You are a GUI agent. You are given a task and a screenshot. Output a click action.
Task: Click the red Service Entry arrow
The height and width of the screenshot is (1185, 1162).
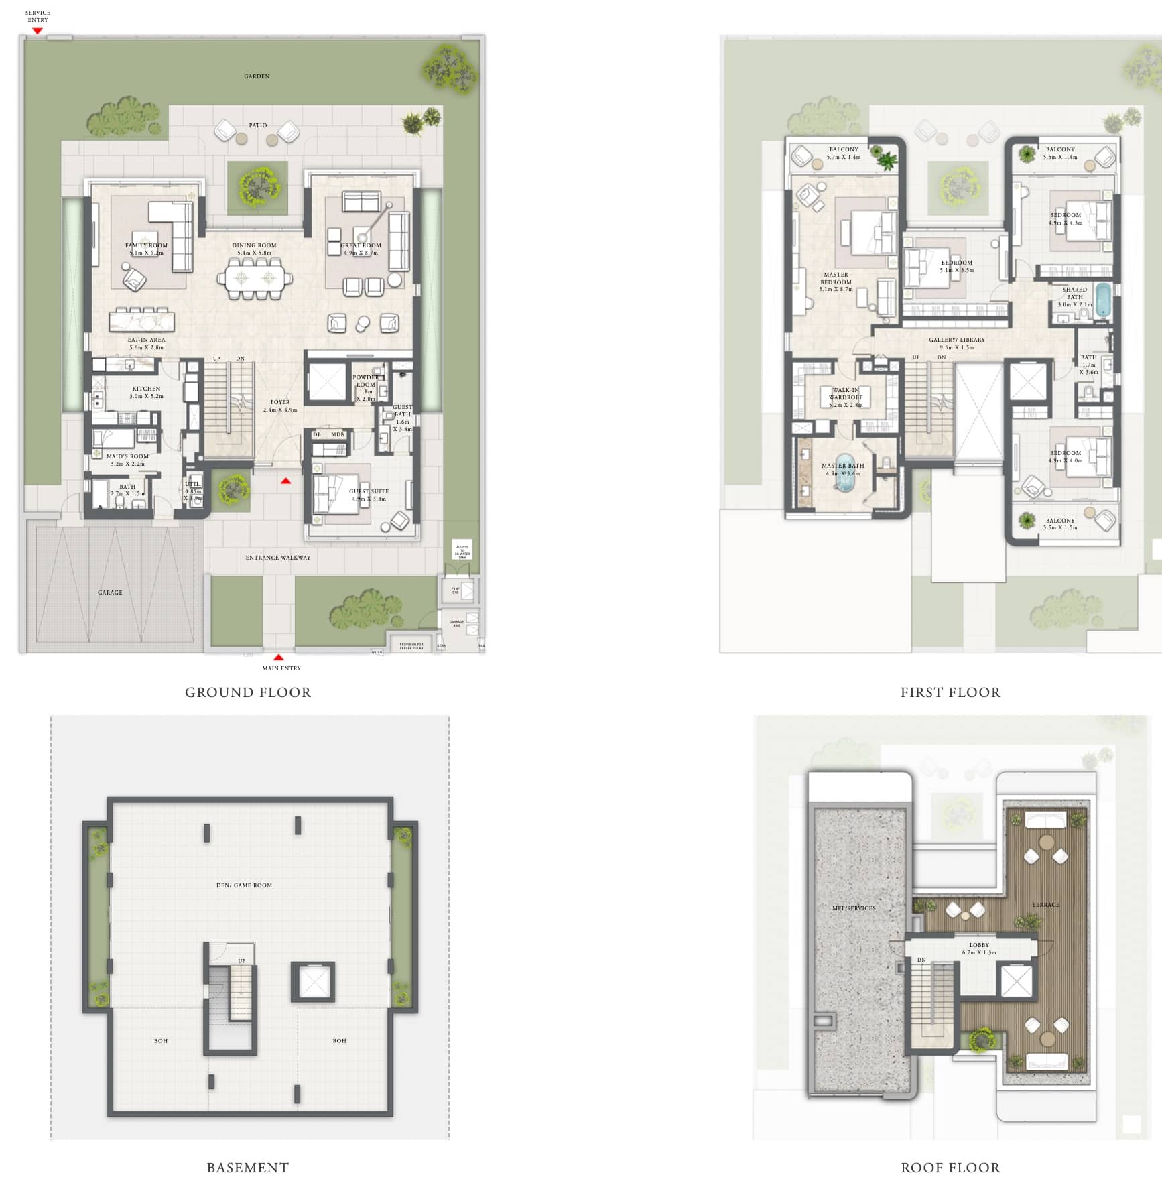(x=38, y=30)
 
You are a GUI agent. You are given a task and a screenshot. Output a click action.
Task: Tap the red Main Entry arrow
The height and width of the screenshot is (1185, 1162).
(x=279, y=658)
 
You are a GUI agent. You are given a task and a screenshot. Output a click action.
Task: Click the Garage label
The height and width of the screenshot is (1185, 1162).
(x=110, y=592)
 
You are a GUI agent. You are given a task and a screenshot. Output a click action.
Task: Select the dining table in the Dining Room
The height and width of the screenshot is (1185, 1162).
(x=259, y=278)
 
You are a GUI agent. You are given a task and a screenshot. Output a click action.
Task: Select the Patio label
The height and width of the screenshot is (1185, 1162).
(x=258, y=125)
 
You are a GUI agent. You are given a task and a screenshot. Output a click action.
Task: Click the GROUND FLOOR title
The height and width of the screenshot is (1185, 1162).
(x=248, y=692)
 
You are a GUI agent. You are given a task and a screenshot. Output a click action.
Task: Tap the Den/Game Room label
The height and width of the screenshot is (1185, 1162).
(x=244, y=885)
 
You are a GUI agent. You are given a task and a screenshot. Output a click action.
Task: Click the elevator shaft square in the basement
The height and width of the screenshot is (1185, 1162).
(x=312, y=982)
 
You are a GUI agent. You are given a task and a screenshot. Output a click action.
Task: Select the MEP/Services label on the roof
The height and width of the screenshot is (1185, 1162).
(x=854, y=908)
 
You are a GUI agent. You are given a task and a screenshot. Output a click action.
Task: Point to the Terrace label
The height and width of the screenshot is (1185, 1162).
(x=1045, y=905)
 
